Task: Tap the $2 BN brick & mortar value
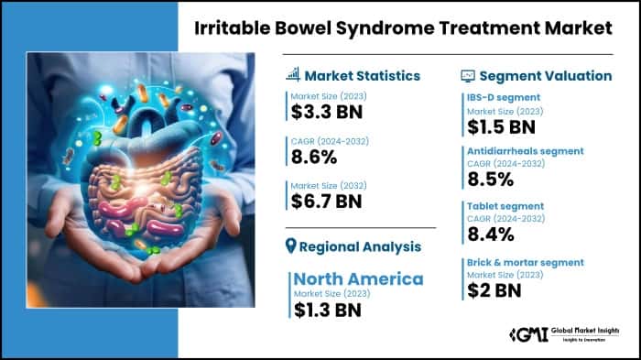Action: point(487,289)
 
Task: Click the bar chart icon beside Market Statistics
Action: point(293,75)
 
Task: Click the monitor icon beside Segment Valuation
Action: point(467,75)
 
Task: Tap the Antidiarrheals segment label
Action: point(519,150)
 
